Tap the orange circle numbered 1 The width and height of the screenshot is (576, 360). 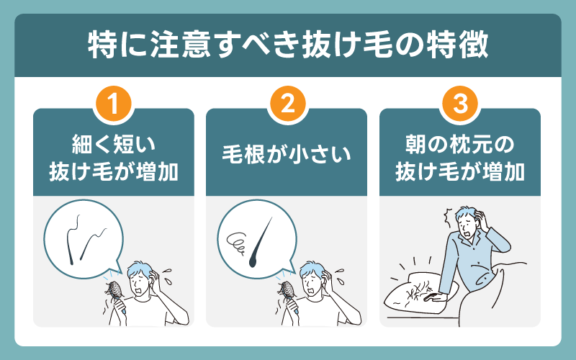(x=114, y=107)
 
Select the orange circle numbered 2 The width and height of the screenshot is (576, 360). (x=287, y=107)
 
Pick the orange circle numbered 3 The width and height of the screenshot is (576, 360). (x=460, y=107)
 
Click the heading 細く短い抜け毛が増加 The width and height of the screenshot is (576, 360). (x=114, y=160)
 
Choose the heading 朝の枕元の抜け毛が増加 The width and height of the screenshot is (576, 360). (x=460, y=160)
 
